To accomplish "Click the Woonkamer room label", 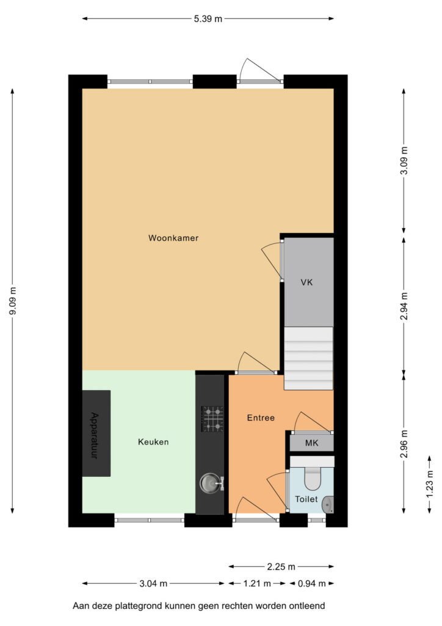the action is (173, 238).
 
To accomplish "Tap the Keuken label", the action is (153, 442).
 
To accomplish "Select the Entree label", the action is (261, 418).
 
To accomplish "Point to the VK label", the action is (306, 282).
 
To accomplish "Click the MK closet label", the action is (312, 443).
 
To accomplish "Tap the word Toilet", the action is (306, 499).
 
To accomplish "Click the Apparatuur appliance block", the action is (96, 433).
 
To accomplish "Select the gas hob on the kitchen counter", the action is (212, 419).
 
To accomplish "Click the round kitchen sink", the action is (210, 483).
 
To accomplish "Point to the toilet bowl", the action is (312, 478).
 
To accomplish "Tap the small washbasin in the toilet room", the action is (328, 504).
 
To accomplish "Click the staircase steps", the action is (308, 358).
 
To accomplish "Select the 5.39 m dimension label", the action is (208, 19).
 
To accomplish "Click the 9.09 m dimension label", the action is (13, 301).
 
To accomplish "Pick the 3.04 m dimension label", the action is (153, 584).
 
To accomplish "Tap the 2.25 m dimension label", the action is (281, 567).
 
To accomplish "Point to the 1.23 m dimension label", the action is (430, 484).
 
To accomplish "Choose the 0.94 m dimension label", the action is (312, 584).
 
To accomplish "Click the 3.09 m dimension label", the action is (404, 161).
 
